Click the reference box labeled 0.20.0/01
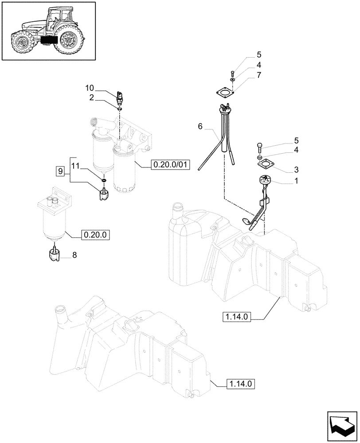pos(171,166)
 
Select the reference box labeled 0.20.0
pos(95,234)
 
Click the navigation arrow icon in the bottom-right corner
pos(342,426)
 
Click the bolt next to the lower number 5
pos(260,147)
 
